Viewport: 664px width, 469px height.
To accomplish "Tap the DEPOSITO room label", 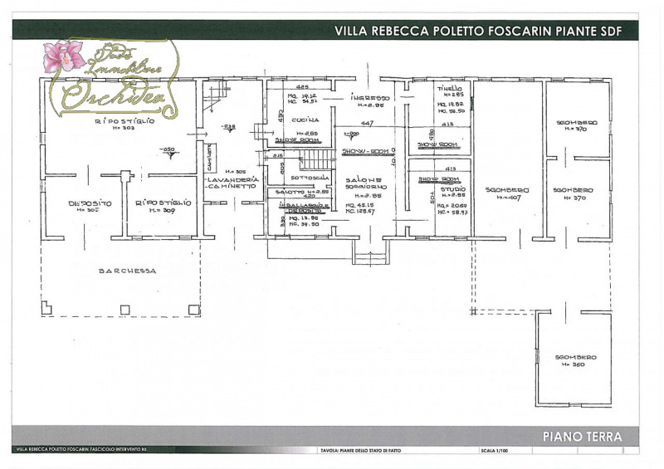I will (x=84, y=203).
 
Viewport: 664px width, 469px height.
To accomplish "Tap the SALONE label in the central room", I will (x=364, y=179).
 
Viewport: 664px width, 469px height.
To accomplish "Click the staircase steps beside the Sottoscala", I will (x=315, y=161).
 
